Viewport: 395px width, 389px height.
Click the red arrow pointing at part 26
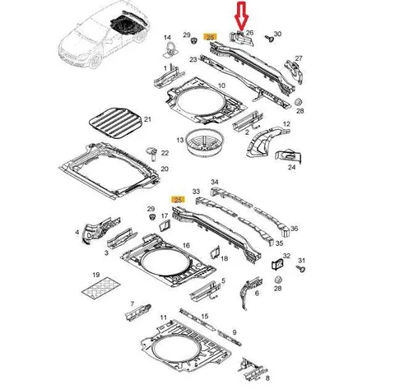pos(241,16)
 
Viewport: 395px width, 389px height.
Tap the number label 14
pos(167,38)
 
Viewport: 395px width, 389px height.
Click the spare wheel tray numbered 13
pos(205,143)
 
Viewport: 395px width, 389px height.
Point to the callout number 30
pos(277,34)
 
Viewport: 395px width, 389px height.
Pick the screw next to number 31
pos(301,269)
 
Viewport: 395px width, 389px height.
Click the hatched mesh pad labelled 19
pos(101,288)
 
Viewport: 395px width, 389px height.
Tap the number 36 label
pos(294,229)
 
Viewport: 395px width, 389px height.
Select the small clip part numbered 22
pos(151,153)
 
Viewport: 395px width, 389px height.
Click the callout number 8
pos(267,378)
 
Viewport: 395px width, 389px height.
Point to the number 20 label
pos(165,169)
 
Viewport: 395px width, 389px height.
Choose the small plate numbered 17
pos(165,225)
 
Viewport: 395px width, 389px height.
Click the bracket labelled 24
pos(289,157)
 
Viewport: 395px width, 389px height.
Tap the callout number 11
pos(164,317)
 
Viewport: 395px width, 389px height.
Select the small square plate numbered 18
pos(215,252)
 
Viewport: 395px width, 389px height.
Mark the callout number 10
pos(221,86)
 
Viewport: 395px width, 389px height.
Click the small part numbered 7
pos(138,312)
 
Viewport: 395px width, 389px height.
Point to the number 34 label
pos(215,182)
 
